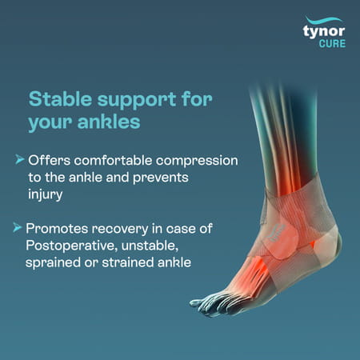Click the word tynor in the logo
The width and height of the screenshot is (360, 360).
tap(325, 32)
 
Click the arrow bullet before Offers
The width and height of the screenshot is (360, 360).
tap(19, 160)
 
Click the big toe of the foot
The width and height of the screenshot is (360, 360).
tap(203, 303)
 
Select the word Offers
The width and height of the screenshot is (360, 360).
tap(47, 161)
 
